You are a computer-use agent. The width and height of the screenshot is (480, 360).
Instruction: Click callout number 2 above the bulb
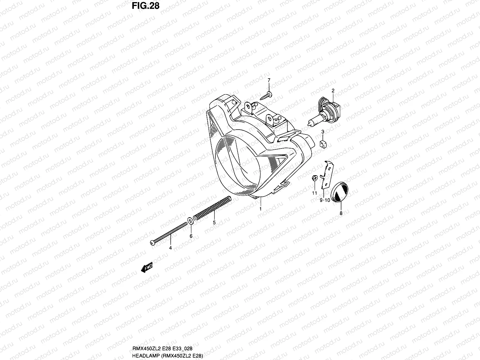point(333,90)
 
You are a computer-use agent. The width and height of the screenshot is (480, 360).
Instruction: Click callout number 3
point(322,132)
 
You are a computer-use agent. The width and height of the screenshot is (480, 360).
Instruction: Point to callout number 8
point(341,214)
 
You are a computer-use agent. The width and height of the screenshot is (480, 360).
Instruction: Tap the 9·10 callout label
point(325,200)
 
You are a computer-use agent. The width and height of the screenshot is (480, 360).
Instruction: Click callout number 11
point(314,193)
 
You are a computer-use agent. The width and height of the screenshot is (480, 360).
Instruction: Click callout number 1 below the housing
point(260,208)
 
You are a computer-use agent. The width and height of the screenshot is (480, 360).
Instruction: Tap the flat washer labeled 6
point(190,221)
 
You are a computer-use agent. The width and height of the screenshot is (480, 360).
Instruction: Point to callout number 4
point(170,248)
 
